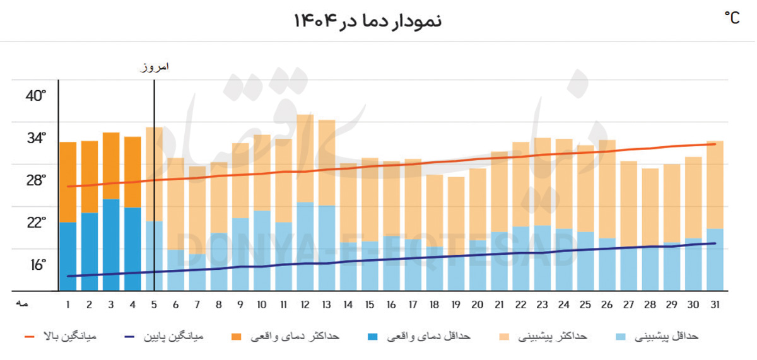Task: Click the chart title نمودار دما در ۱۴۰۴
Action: [367, 20]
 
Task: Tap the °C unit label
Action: [732, 18]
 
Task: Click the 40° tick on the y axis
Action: [36, 96]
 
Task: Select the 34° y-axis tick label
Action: [36, 138]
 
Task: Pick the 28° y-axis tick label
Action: [36, 181]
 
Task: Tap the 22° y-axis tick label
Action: [36, 223]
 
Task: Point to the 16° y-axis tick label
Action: [36, 265]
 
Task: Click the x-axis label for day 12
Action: [305, 305]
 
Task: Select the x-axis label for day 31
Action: [715, 305]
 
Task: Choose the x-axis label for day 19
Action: [456, 305]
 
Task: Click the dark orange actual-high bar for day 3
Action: [111, 165]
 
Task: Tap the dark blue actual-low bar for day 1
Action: [68, 256]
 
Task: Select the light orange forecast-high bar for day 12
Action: [305, 158]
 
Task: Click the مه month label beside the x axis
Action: [23, 305]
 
